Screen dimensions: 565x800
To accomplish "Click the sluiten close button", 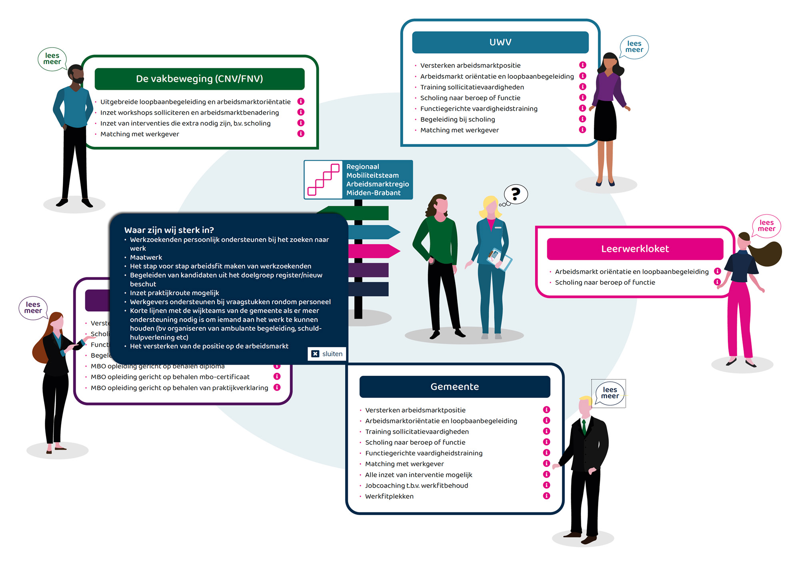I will click(x=327, y=354).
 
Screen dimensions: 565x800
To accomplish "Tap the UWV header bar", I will click(x=500, y=42).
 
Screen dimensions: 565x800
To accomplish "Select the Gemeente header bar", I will click(x=454, y=387).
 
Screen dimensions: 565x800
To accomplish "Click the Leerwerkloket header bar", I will click(x=635, y=249).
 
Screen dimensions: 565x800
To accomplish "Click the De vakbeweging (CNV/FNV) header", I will click(x=199, y=79).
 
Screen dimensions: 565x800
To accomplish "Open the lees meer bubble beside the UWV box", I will click(x=634, y=47).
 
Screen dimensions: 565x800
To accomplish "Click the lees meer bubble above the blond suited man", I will click(x=610, y=393).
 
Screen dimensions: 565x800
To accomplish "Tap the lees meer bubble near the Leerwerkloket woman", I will click(x=766, y=226).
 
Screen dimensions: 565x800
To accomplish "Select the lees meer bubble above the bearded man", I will click(x=52, y=59).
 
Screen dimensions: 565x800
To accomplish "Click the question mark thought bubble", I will click(x=516, y=194).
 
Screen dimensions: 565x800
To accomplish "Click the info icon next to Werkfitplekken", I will click(x=546, y=496).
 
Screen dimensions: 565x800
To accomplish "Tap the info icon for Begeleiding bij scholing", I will click(x=582, y=119).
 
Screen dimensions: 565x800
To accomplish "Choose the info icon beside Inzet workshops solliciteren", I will click(x=301, y=112).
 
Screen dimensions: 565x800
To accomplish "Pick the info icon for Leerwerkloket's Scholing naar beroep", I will click(x=717, y=282).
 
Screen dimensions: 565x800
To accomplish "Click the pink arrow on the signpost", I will click(x=374, y=251).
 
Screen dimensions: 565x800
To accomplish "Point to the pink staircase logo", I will click(x=323, y=180).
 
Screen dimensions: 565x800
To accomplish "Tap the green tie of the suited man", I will click(x=584, y=427).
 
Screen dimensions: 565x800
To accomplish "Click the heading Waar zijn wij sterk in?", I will click(x=169, y=230).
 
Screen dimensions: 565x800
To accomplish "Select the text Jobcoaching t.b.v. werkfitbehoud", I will click(x=416, y=485).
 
